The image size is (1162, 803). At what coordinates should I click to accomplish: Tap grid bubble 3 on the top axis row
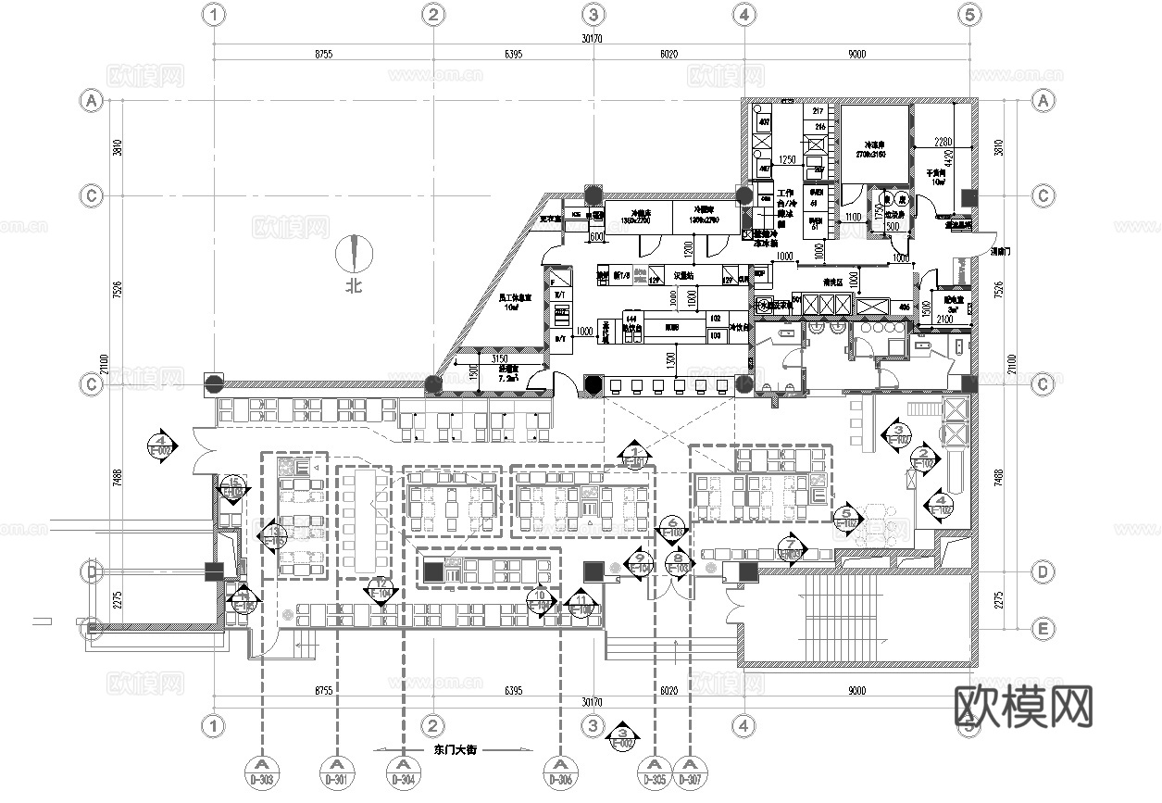(x=593, y=15)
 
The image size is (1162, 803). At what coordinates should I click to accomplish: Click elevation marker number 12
(x=381, y=586)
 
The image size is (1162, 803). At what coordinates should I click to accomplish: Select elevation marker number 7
(x=789, y=548)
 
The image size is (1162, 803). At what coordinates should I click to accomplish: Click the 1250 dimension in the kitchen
(x=787, y=159)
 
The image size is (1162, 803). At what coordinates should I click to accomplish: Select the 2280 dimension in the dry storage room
(x=943, y=141)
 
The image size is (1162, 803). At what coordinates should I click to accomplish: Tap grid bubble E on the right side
(x=1043, y=630)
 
